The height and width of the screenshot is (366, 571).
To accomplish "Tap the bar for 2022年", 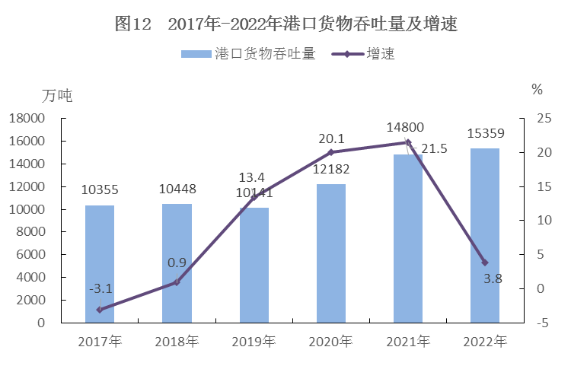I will click(x=484, y=235).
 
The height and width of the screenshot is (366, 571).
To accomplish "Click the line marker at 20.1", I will click(x=330, y=152).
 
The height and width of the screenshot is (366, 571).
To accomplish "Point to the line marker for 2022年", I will click(x=484, y=263).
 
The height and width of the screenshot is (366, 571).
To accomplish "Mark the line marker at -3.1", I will click(x=100, y=310).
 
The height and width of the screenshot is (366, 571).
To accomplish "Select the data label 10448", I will click(x=177, y=189).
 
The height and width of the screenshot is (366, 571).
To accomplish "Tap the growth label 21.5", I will click(x=433, y=149).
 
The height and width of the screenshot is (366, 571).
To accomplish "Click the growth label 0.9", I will click(x=177, y=263).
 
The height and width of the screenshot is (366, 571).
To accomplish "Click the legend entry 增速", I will click(x=380, y=54).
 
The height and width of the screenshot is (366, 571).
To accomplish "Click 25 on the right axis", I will click(x=544, y=119).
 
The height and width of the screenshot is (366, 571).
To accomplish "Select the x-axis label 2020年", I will click(x=330, y=342).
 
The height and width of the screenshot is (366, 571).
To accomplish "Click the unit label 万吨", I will click(x=57, y=97).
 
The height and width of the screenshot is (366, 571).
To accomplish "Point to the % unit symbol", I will click(x=537, y=90).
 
